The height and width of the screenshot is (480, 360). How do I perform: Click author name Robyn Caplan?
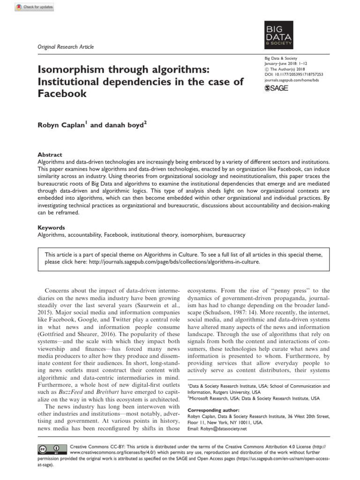(61, 126)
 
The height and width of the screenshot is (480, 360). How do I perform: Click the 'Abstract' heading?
(49, 155)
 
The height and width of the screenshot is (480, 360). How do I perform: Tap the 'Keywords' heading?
(51, 227)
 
